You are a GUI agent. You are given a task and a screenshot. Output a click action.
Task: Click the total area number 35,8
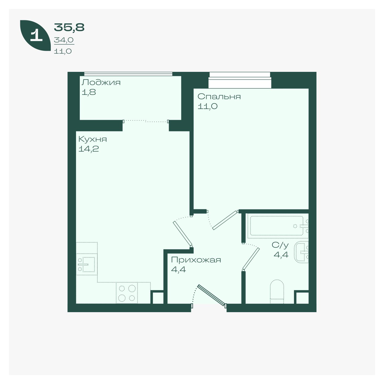pyautogui.click(x=69, y=27)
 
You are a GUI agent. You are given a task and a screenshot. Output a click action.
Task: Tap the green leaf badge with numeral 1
pyautogui.click(x=35, y=35)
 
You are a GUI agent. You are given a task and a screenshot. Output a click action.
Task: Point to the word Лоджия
pyautogui.click(x=101, y=82)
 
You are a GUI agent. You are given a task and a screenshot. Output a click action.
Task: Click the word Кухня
pyautogui.click(x=93, y=139)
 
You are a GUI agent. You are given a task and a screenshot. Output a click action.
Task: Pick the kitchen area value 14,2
pyautogui.click(x=89, y=149)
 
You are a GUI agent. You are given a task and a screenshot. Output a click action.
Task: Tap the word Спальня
pyautogui.click(x=219, y=97)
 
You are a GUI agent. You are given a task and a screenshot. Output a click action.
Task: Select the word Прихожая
pyautogui.click(x=196, y=260)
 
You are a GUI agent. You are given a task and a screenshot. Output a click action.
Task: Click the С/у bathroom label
pyautogui.click(x=280, y=245)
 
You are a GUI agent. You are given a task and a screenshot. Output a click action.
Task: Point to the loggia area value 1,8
pyautogui.click(x=89, y=92)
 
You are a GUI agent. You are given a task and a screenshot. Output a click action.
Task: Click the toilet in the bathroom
pyautogui.click(x=277, y=291)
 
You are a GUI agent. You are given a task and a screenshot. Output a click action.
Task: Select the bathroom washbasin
pyautogui.click(x=301, y=252)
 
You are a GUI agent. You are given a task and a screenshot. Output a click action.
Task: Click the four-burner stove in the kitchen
pyautogui.click(x=127, y=293)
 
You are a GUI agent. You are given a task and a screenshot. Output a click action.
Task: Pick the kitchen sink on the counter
pyautogui.click(x=87, y=264)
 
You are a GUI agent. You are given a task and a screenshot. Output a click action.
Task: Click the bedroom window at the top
pyautogui.click(x=240, y=80)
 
